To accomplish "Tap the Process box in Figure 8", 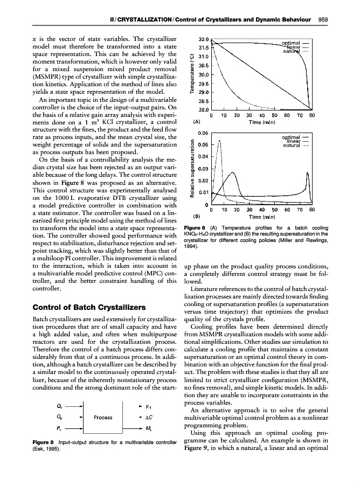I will [x=102, y=417].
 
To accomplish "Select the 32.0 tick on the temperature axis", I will [x=203, y=39].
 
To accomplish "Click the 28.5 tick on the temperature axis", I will [x=203, y=101].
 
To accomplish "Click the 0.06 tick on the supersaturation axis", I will [x=203, y=133].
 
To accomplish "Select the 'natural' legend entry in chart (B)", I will [x=293, y=145].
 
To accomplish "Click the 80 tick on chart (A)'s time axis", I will [x=311, y=115].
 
